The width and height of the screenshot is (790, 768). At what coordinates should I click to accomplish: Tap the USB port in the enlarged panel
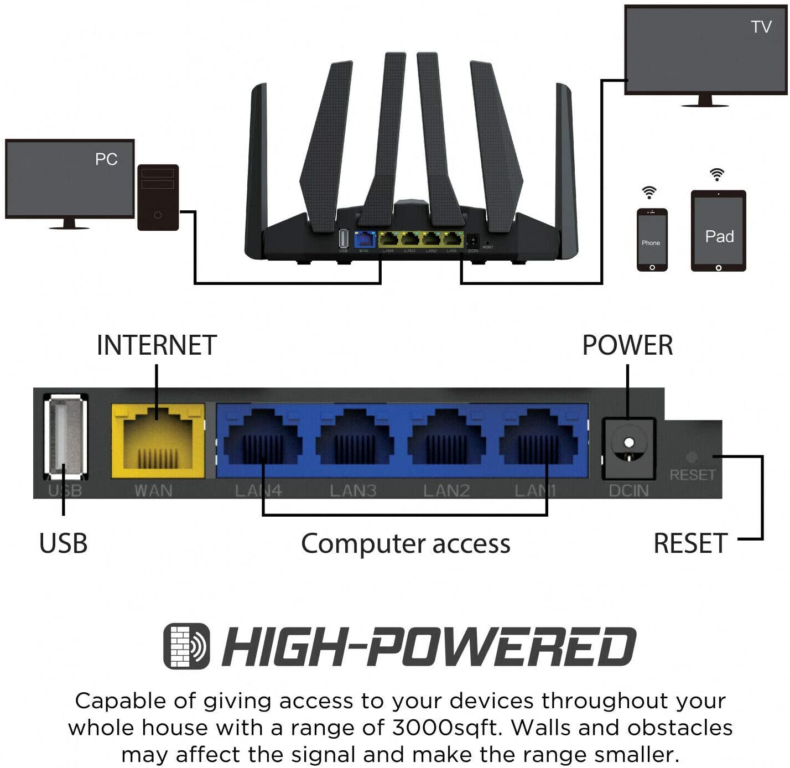tap(65, 437)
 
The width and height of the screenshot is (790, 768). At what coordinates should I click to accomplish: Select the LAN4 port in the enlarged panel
tap(263, 440)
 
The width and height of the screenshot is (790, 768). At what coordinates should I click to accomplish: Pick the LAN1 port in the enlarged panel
tap(538, 440)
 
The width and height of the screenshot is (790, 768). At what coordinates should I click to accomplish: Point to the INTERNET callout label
tap(157, 345)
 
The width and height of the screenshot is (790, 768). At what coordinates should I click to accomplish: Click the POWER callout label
tap(627, 345)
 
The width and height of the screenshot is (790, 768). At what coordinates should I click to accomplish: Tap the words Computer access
tap(406, 543)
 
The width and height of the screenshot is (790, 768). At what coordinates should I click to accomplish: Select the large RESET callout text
tap(690, 543)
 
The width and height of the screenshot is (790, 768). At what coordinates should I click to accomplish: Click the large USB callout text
tap(63, 543)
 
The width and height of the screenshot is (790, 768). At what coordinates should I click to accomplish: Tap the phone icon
tap(652, 240)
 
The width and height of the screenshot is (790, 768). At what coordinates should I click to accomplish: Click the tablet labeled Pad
tap(718, 231)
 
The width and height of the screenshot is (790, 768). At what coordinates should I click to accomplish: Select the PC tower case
tap(158, 198)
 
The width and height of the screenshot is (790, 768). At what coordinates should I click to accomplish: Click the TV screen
tap(705, 50)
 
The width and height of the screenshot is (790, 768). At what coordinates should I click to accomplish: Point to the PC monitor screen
tap(70, 178)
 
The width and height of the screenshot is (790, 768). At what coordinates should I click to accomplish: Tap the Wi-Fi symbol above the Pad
tap(717, 175)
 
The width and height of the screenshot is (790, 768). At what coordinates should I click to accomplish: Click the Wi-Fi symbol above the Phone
tap(649, 193)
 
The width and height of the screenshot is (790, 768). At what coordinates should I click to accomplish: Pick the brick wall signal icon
tap(186, 646)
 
